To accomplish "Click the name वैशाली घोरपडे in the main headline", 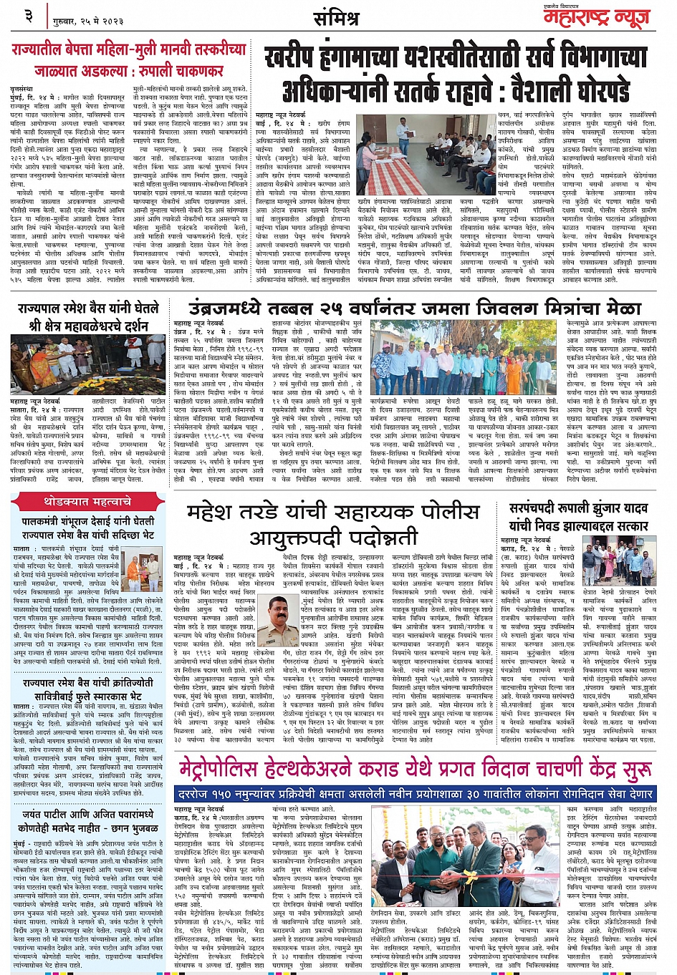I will coord(547,91).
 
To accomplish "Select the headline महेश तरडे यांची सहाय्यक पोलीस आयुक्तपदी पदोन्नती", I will coord(332,524).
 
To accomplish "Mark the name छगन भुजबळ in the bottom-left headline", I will coord(130,828).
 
